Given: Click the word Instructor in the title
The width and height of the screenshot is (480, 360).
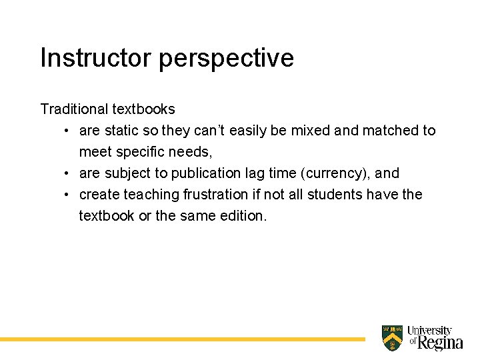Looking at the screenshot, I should point(96,58).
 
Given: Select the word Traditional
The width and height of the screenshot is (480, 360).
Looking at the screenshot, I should point(74,109).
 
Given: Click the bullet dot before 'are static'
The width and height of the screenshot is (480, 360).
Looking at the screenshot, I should point(67,131).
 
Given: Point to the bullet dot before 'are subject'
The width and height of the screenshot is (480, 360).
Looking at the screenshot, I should point(67,173).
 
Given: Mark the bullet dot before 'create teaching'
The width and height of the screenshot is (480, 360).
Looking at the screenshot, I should point(67,195).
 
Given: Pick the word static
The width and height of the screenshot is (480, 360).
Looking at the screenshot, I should point(121,131).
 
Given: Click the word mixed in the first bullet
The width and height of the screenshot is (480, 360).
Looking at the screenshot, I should point(310,131).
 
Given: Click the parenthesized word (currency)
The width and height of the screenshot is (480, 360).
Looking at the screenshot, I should point(335,173).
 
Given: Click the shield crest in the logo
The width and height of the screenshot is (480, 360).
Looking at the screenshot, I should point(392,338).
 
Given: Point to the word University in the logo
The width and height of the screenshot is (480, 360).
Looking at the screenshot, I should point(430,331).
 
